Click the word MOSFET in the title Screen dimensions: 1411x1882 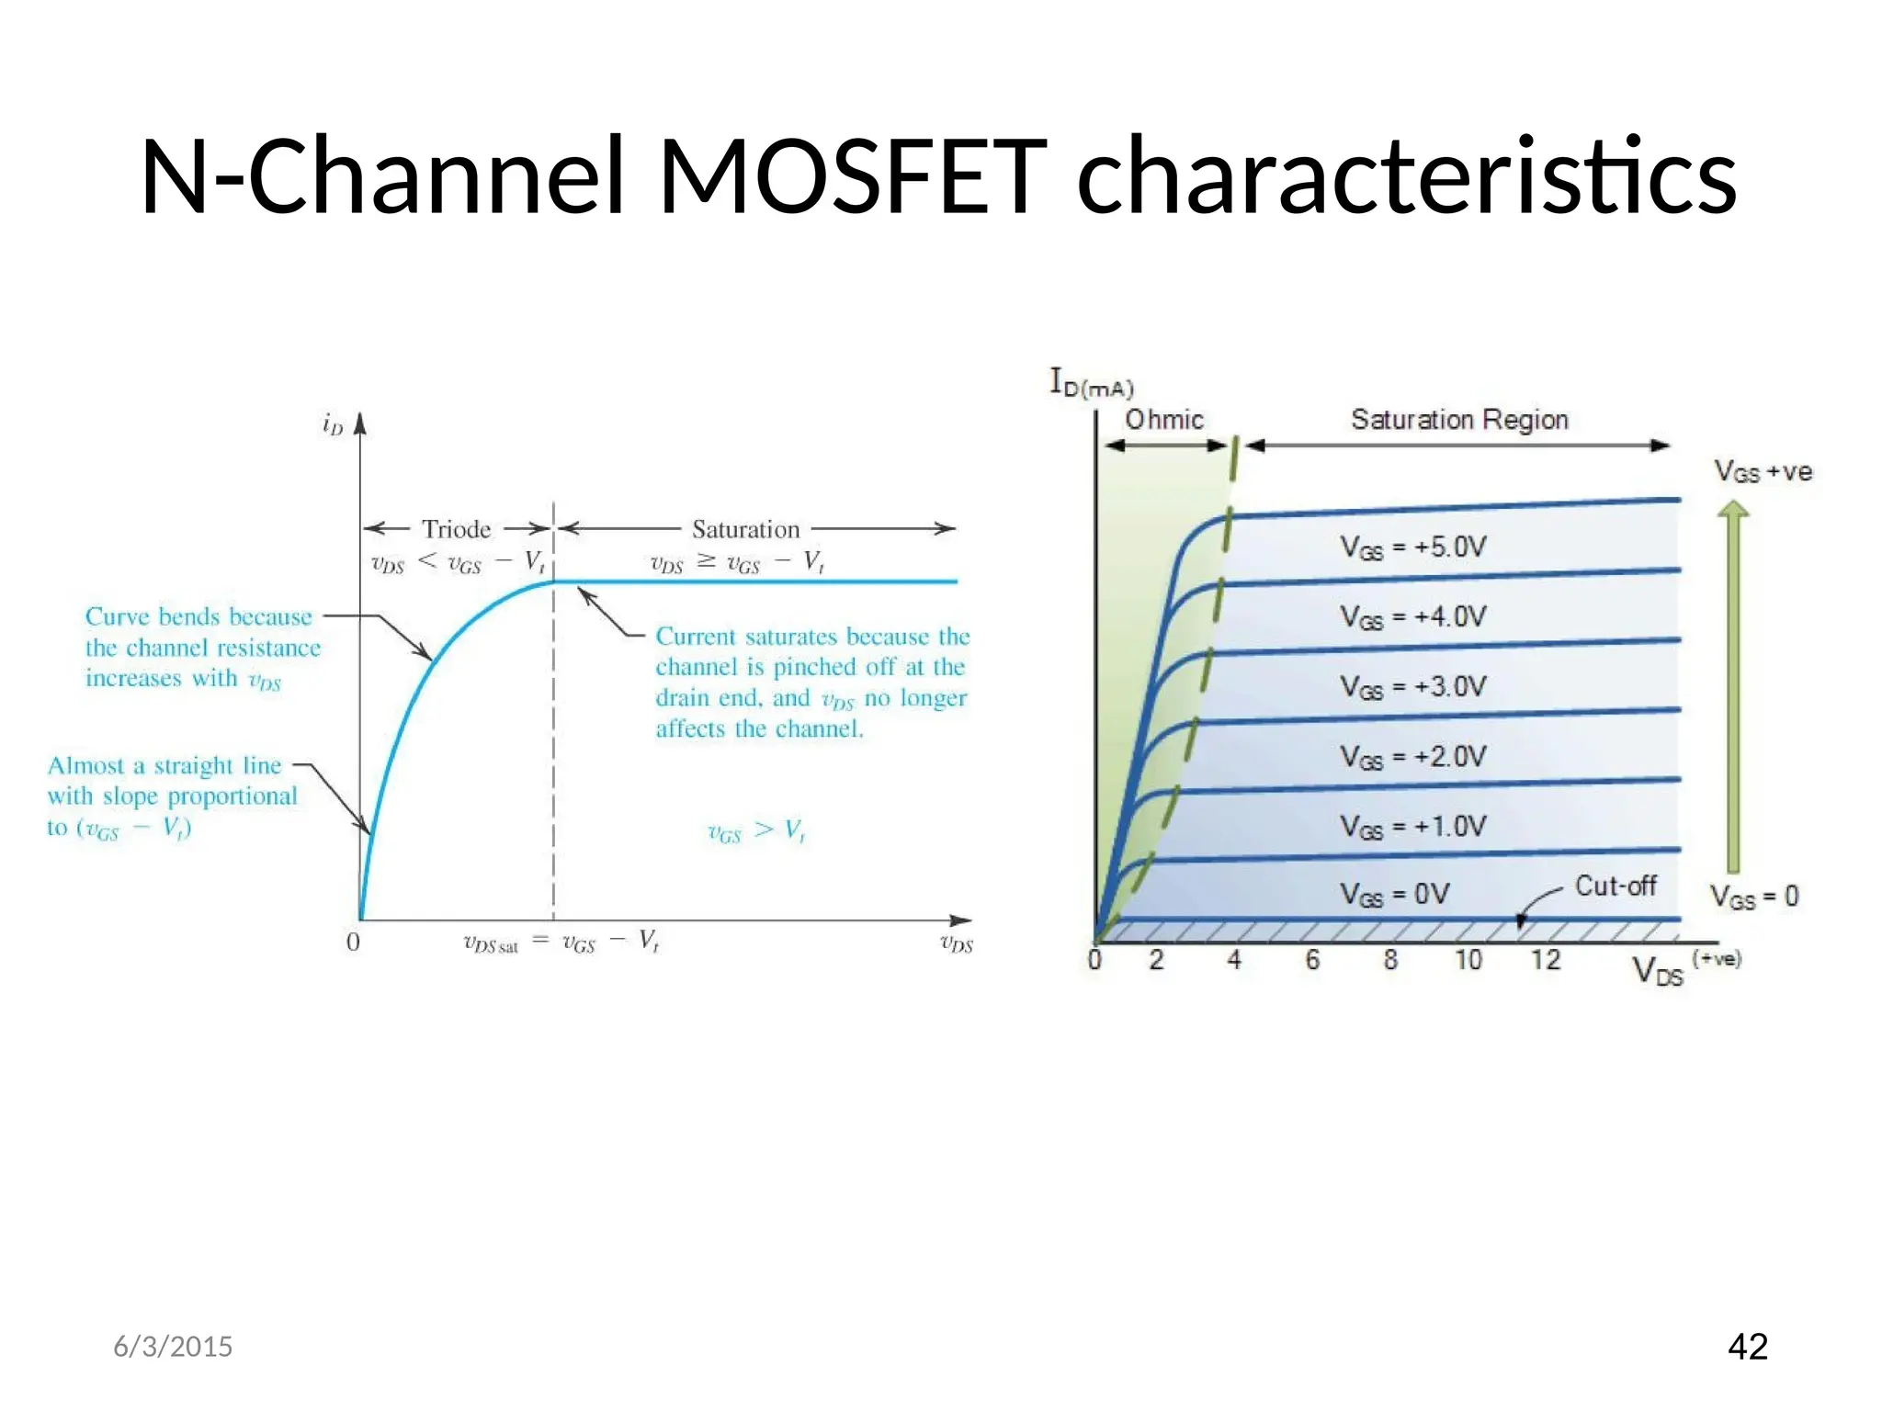[x=853, y=176]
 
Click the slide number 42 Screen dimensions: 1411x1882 [x=1747, y=1346]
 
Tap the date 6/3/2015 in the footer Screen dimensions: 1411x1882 [x=173, y=1347]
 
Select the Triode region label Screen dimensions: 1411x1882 [x=456, y=529]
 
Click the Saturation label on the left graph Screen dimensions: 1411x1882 [x=745, y=529]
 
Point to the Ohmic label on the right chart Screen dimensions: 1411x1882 [x=1164, y=420]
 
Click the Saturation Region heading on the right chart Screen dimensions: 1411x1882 [x=1459, y=420]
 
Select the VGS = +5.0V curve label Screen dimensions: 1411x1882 [x=1412, y=547]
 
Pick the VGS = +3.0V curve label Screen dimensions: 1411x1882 [x=1412, y=687]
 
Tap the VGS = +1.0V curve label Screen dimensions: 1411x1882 [x=1412, y=827]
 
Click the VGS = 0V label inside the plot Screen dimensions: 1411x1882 [x=1394, y=894]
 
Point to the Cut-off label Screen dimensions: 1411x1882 [x=1616, y=886]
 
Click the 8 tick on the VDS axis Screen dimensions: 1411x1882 [x=1390, y=960]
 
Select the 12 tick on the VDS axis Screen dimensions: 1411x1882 [x=1546, y=960]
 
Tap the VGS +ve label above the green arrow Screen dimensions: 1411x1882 [x=1763, y=472]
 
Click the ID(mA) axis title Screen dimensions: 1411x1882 [x=1092, y=382]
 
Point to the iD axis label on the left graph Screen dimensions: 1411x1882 [x=332, y=423]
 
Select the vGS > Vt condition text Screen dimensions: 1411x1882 [x=756, y=831]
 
